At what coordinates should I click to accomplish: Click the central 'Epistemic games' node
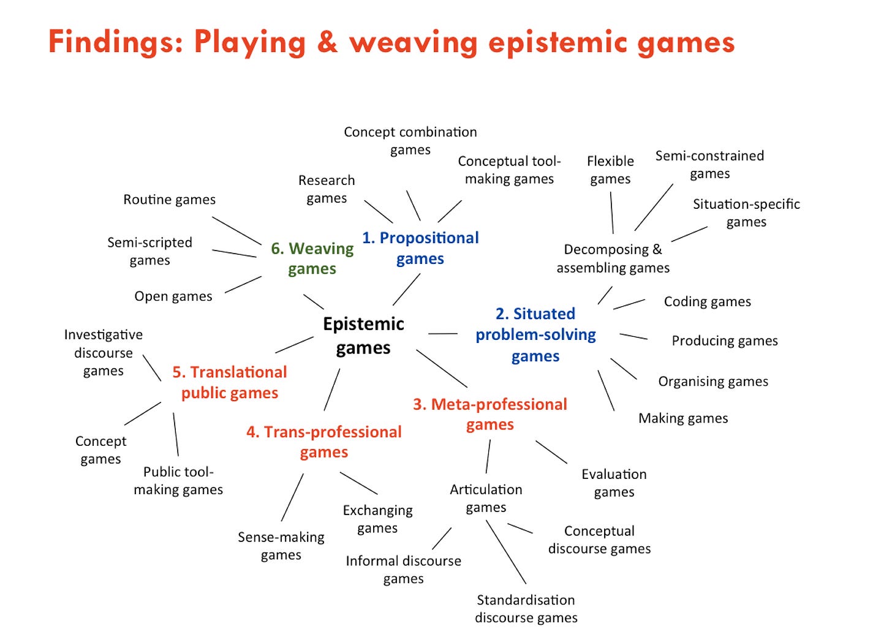363,336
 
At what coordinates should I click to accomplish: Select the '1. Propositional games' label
420,248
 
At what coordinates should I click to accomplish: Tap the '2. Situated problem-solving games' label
535,335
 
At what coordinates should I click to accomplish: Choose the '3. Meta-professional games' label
490,415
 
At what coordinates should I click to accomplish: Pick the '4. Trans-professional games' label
324,442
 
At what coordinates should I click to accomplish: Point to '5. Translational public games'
230,382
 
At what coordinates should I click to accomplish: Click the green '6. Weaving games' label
312,258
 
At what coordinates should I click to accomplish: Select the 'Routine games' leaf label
170,200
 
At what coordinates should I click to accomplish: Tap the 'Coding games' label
708,302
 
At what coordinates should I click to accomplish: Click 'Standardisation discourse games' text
526,609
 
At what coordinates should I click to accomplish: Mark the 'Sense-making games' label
281,546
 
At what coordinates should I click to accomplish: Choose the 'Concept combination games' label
410,141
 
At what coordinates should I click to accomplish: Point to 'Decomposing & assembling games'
613,258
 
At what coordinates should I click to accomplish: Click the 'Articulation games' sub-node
486,498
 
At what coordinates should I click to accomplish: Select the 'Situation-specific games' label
746,213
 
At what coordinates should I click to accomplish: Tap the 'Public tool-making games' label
178,480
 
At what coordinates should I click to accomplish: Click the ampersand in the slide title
327,43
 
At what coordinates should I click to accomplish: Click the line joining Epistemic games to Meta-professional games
442,369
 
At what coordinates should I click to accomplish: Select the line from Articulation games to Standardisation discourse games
506,552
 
